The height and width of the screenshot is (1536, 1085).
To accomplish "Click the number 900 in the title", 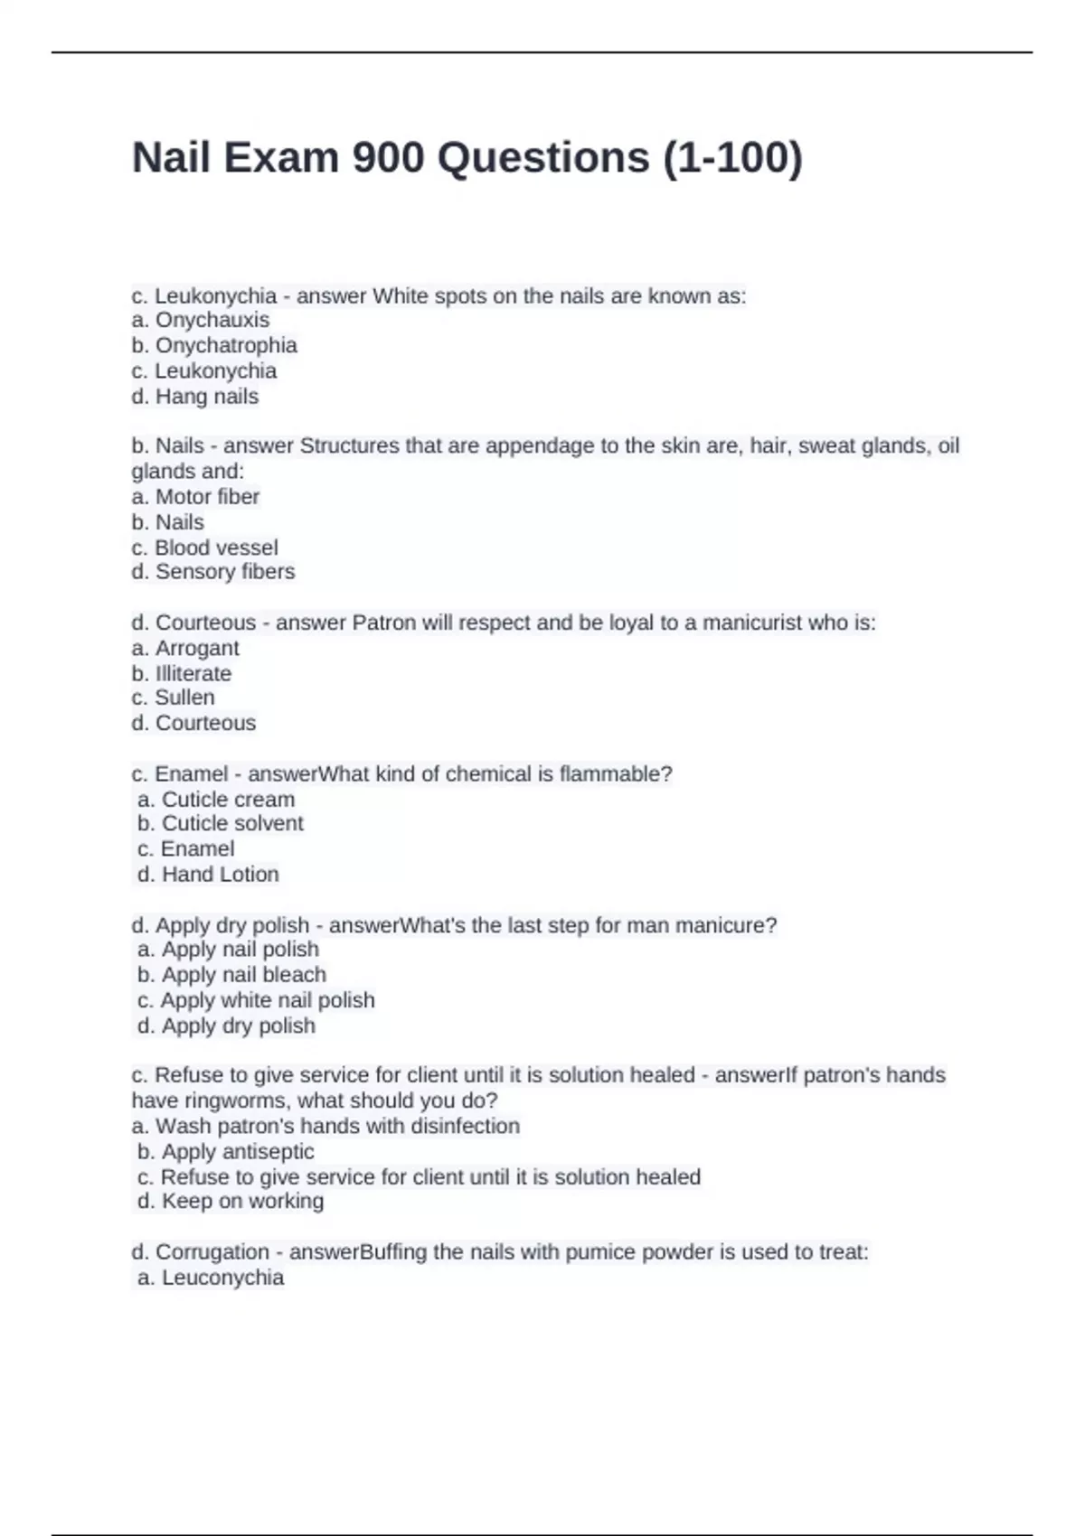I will (x=388, y=157).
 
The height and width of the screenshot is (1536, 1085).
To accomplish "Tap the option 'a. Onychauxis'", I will (x=201, y=320).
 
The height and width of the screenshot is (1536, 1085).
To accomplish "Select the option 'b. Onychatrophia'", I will (x=214, y=345).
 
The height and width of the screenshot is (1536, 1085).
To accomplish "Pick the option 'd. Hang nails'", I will (x=195, y=397).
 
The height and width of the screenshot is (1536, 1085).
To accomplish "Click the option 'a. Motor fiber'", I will (x=195, y=497).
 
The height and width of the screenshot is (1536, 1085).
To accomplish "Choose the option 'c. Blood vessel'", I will (x=205, y=548).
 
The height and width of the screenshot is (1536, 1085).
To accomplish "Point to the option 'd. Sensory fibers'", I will (x=213, y=572).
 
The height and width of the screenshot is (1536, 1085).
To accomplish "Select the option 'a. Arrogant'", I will (x=185, y=648).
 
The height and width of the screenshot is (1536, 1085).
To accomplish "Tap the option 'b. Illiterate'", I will (x=182, y=673).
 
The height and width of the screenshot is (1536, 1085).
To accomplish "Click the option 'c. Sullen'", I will (x=174, y=698).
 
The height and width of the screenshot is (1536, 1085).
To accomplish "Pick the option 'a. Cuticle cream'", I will (x=216, y=800).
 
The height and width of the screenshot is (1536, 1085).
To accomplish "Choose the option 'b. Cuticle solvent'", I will (x=221, y=823).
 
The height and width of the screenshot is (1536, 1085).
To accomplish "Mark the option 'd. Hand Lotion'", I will (x=208, y=874).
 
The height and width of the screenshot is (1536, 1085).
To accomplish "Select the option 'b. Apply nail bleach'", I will (x=231, y=975).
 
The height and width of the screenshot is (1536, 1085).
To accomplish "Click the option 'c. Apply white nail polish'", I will (x=256, y=1000).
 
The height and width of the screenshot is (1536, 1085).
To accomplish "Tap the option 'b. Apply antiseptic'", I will (x=226, y=1152).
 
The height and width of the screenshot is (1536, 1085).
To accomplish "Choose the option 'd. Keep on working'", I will (x=231, y=1201).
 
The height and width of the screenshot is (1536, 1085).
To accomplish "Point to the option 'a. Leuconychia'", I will (x=211, y=1278).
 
